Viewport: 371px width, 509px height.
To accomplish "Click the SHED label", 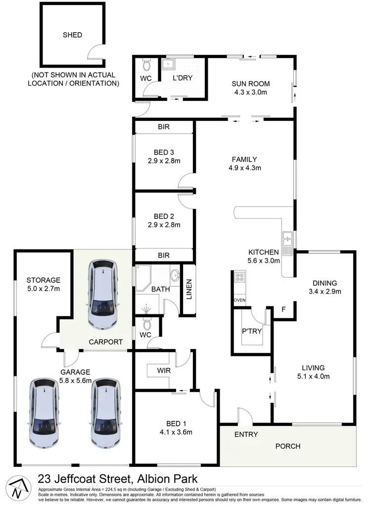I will pos(72,35).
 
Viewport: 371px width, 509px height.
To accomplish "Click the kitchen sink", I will pos(287,240).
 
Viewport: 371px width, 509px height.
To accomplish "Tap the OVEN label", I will pos(239,301).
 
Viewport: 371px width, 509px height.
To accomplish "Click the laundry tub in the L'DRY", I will pos(169,64).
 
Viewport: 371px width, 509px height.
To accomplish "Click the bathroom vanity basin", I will pos(175,275).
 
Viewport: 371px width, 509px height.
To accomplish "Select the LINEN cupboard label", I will pos(188,290).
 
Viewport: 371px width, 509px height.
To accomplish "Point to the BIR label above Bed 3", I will pos(164,127).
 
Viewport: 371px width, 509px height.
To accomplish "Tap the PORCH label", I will pos(287,446).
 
